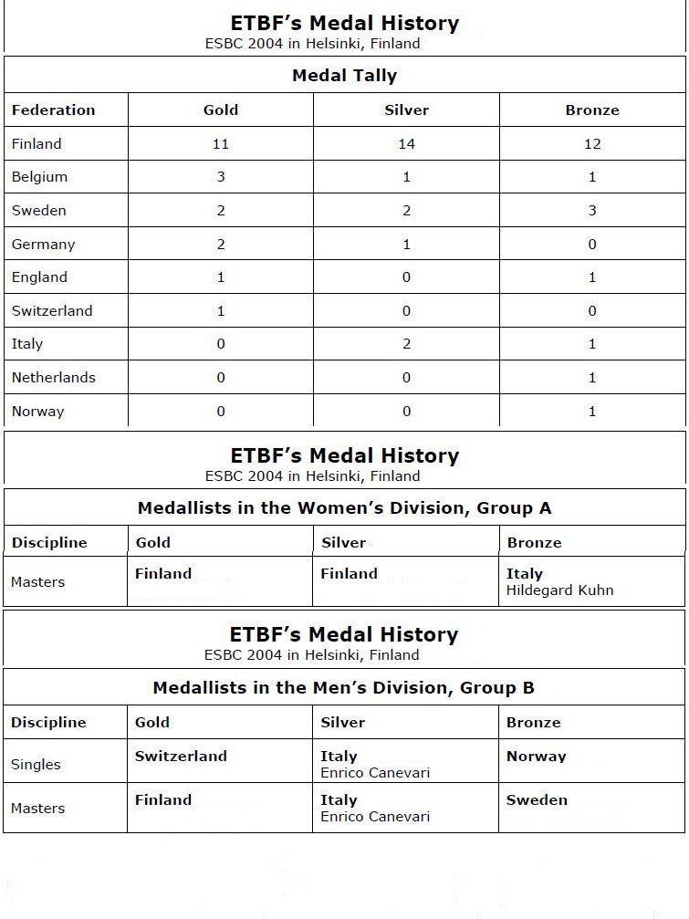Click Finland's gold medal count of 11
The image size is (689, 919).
pyautogui.click(x=220, y=144)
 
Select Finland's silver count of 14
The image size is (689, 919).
pyautogui.click(x=406, y=144)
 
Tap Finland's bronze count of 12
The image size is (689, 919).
pyautogui.click(x=592, y=144)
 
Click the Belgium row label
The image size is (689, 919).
pyautogui.click(x=39, y=177)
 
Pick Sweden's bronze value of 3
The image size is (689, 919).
pyautogui.click(x=592, y=211)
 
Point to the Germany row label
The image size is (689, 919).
pyautogui.click(x=43, y=245)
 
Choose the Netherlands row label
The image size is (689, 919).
pyautogui.click(x=53, y=378)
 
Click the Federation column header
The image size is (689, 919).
pyautogui.click(x=53, y=110)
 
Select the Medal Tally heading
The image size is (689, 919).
pyautogui.click(x=344, y=76)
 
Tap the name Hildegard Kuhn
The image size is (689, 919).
pyautogui.click(x=559, y=590)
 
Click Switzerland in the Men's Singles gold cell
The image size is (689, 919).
pyautogui.click(x=181, y=757)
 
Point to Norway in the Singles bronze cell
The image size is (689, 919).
pyautogui.click(x=536, y=757)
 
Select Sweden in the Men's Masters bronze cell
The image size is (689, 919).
pyautogui.click(x=537, y=800)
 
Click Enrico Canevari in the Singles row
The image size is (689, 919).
pyautogui.click(x=374, y=773)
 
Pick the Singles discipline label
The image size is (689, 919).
pyautogui.click(x=36, y=765)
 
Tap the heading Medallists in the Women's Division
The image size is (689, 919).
pyautogui.click(x=344, y=508)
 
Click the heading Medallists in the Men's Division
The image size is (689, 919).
pyautogui.click(x=343, y=688)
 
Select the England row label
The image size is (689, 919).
pyautogui.click(x=39, y=277)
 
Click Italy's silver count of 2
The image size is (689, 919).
pyautogui.click(x=406, y=344)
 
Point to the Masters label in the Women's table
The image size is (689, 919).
pyautogui.click(x=37, y=582)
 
